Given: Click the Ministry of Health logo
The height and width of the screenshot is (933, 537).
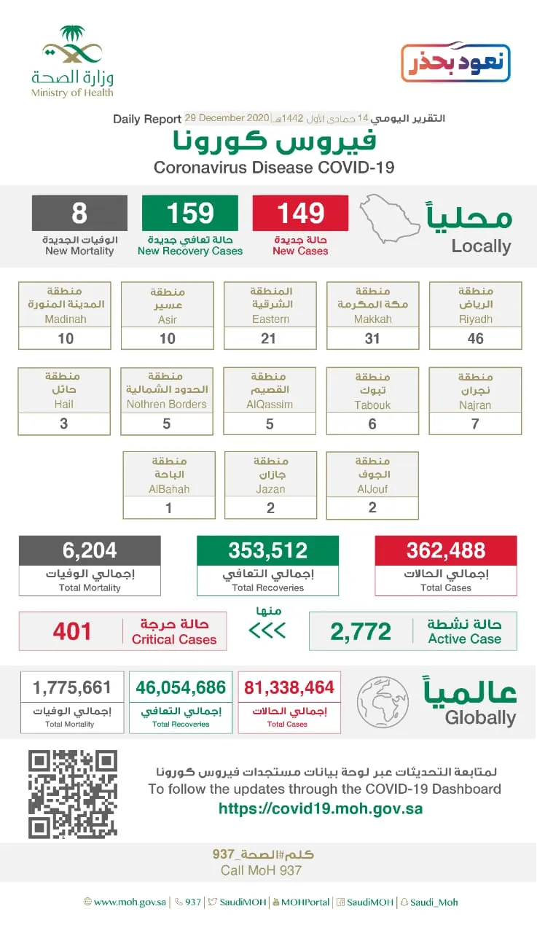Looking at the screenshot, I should [72, 61].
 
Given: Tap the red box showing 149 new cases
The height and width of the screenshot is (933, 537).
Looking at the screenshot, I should [300, 214].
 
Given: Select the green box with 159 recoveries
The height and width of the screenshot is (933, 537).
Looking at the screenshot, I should [190, 214].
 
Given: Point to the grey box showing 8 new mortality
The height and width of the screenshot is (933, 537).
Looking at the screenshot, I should [79, 214].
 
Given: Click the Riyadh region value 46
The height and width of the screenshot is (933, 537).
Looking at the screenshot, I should [476, 338].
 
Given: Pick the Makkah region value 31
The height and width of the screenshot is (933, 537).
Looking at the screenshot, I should [373, 338].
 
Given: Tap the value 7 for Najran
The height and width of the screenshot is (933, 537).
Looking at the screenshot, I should [476, 423].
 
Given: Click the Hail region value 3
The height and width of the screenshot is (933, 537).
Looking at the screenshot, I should [64, 423].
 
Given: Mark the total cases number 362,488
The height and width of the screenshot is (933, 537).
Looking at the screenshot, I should [446, 550].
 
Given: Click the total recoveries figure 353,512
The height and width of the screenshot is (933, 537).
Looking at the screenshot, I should [268, 550].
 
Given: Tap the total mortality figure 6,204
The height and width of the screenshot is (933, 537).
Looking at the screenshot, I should [90, 550].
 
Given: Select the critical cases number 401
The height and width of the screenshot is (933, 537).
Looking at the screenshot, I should [72, 631].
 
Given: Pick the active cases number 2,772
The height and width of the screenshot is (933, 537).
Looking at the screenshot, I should [361, 631].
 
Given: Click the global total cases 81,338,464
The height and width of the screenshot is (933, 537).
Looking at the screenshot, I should [289, 687].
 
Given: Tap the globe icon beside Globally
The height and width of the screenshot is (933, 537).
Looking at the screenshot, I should [383, 702].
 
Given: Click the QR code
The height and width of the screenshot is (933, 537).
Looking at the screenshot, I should [73, 795].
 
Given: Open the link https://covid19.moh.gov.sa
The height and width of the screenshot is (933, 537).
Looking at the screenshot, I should [321, 808].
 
